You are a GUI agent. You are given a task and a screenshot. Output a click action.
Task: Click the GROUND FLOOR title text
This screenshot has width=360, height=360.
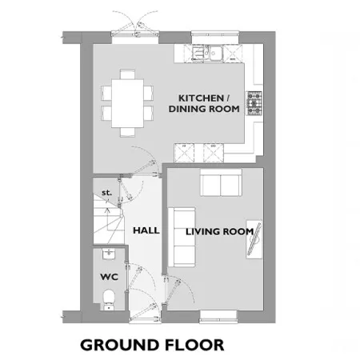[152, 345]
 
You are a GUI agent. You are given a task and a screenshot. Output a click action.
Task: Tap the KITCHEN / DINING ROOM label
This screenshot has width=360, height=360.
[204, 103]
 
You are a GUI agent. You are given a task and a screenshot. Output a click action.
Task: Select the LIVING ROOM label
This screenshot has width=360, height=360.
[219, 231]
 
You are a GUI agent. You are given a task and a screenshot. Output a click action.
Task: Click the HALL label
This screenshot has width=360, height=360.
[146, 230]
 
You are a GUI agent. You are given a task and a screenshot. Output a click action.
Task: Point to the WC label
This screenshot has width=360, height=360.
[109, 277]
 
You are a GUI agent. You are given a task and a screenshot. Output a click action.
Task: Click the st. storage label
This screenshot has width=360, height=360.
[106, 192]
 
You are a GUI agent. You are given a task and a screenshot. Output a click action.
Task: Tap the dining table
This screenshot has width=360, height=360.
[127, 103]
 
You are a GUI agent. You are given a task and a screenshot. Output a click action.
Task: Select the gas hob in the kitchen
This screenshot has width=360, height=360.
[254, 103]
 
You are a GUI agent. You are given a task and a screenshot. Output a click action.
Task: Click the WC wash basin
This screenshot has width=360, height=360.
[109, 254]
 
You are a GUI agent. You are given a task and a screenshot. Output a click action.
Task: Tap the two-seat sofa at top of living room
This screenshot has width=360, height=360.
[221, 182]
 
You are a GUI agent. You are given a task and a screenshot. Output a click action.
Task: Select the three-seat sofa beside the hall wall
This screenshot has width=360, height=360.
[182, 237]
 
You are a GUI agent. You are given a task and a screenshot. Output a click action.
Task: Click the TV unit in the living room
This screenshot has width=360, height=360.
[254, 239]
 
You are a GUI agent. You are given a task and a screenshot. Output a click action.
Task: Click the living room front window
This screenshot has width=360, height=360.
[218, 317]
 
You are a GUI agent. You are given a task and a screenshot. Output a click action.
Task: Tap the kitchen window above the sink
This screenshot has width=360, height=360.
[215, 38]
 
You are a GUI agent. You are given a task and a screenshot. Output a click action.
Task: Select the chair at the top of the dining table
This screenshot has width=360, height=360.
[127, 74]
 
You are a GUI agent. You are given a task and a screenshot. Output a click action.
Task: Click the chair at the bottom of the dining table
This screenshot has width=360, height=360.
[127, 132]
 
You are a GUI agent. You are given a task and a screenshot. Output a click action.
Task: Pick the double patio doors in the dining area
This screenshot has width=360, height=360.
[135, 34]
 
